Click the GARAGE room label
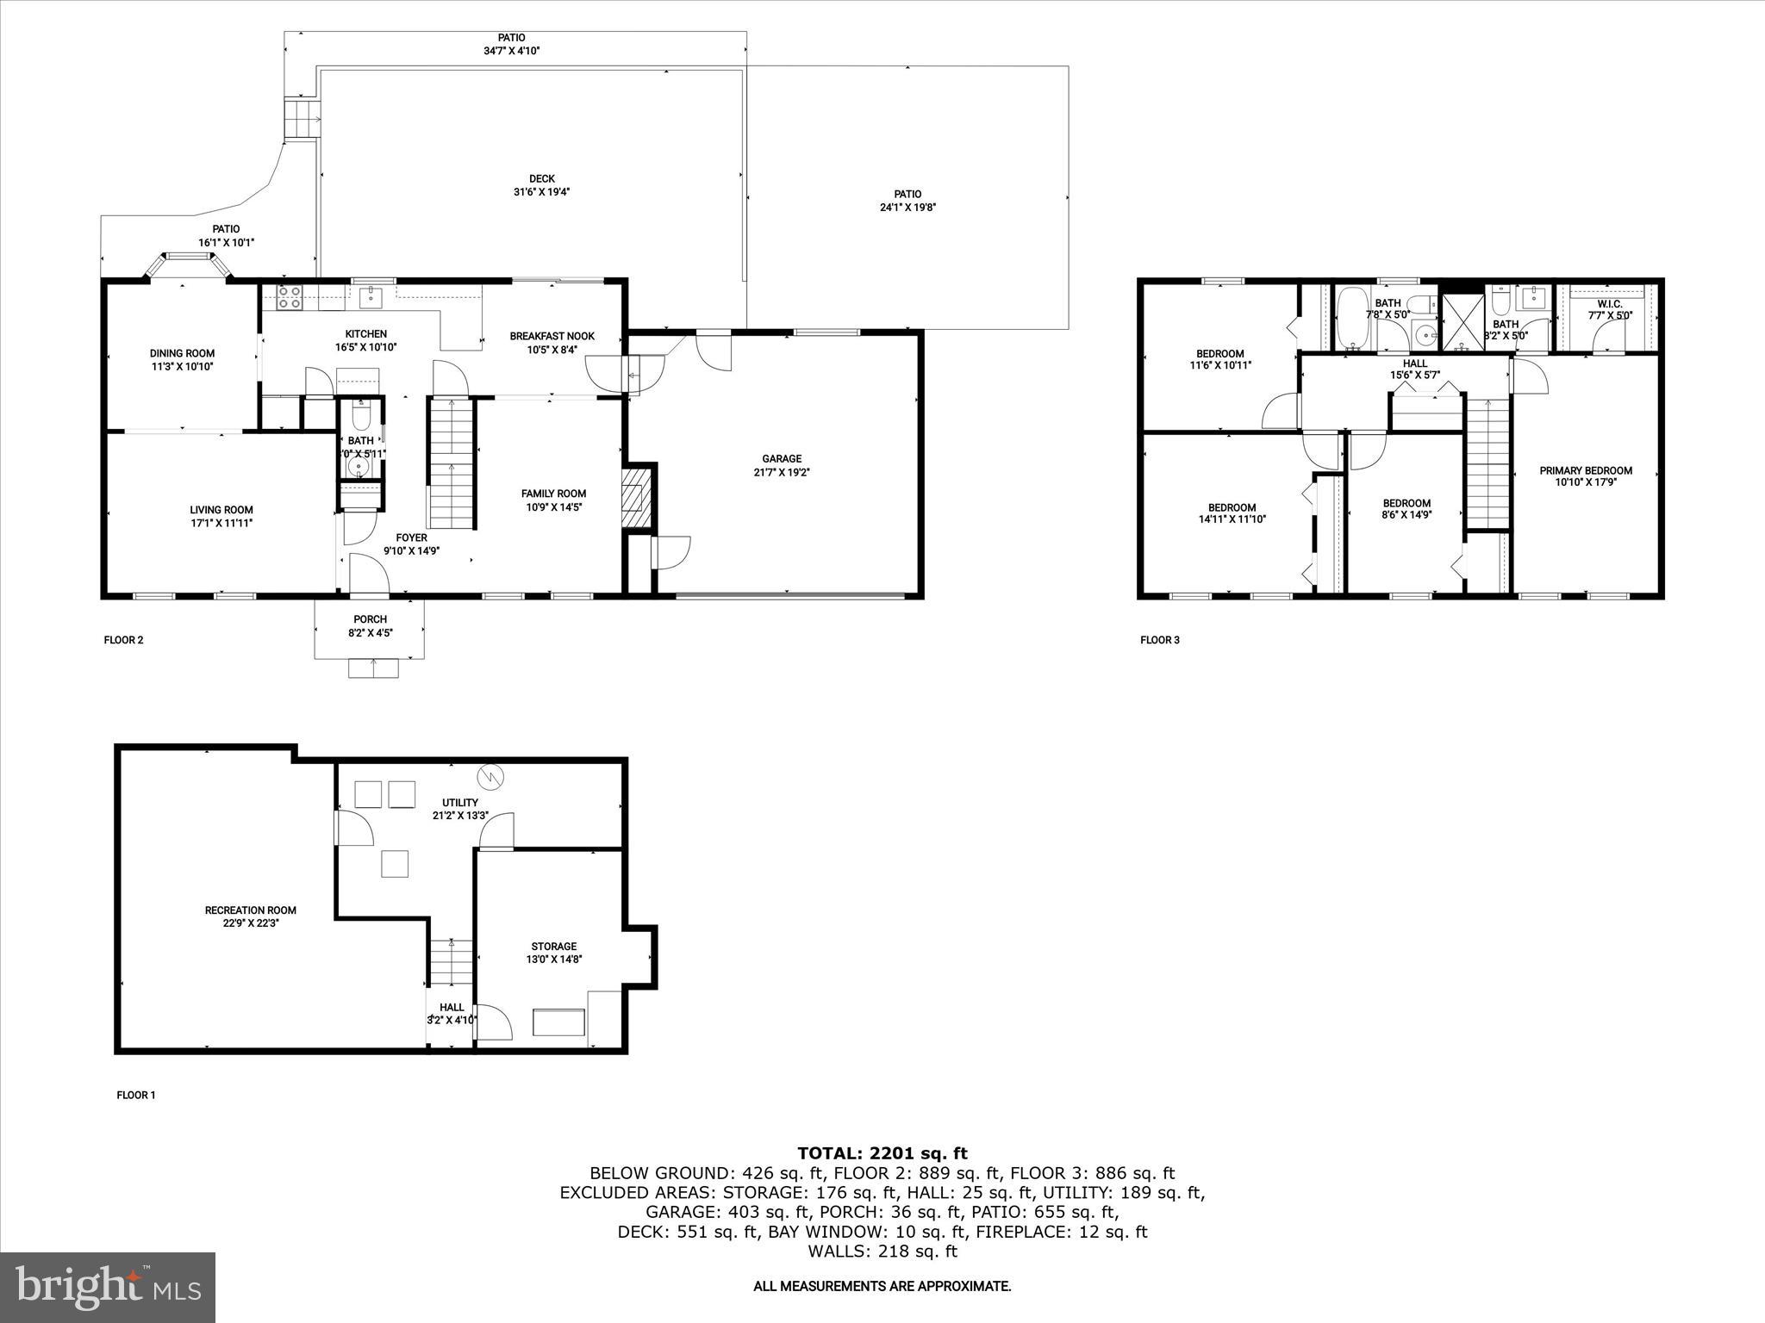pyautogui.click(x=781, y=459)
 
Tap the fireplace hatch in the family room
pyautogui.click(x=637, y=496)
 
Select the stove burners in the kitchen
pyautogui.click(x=290, y=297)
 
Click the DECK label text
pyautogui.click(x=541, y=179)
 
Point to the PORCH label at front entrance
pyautogui.click(x=370, y=619)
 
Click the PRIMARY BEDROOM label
pyautogui.click(x=1586, y=470)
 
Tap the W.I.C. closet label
pyautogui.click(x=1609, y=304)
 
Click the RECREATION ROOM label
pyautogui.click(x=250, y=910)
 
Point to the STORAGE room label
pyautogui.click(x=553, y=947)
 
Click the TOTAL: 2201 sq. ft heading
pyautogui.click(x=882, y=1153)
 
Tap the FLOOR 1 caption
pyautogui.click(x=136, y=1096)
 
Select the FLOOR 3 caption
pyautogui.click(x=1159, y=640)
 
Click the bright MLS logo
pyautogui.click(x=108, y=1287)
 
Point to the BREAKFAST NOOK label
pyautogui.click(x=552, y=336)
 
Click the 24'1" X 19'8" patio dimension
pyautogui.click(x=907, y=208)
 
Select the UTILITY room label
pyautogui.click(x=460, y=803)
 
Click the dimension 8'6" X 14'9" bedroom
pyautogui.click(x=1406, y=517)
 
